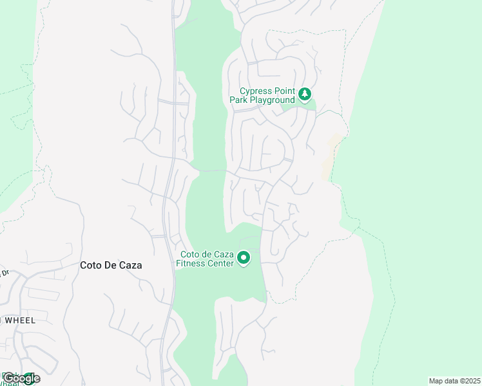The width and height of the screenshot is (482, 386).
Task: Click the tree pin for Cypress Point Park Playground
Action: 305,96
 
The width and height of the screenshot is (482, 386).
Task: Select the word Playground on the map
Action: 271,100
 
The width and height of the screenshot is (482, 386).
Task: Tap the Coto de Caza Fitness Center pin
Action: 244,258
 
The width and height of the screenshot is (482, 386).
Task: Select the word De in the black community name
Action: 111,265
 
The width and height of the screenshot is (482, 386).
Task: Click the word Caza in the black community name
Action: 131,265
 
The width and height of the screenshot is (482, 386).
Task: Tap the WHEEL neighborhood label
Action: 19,320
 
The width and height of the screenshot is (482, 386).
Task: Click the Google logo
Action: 21,378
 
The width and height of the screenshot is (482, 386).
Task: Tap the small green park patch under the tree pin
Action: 300,107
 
